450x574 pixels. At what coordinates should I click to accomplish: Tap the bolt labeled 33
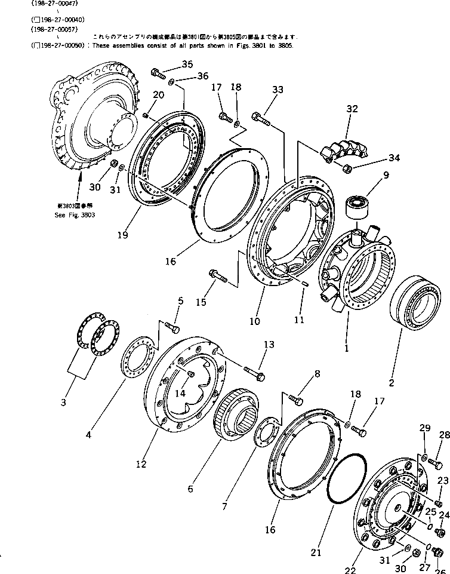tap(261, 119)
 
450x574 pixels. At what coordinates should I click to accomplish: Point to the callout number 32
tap(352, 109)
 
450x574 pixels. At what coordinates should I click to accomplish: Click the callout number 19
tap(122, 235)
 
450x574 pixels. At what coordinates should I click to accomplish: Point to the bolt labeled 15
tap(217, 275)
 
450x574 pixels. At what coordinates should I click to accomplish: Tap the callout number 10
tap(255, 321)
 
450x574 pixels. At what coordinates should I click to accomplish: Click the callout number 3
tap(64, 402)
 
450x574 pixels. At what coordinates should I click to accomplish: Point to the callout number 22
tap(350, 570)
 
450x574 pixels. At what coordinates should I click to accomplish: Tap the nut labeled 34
tap(349, 168)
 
